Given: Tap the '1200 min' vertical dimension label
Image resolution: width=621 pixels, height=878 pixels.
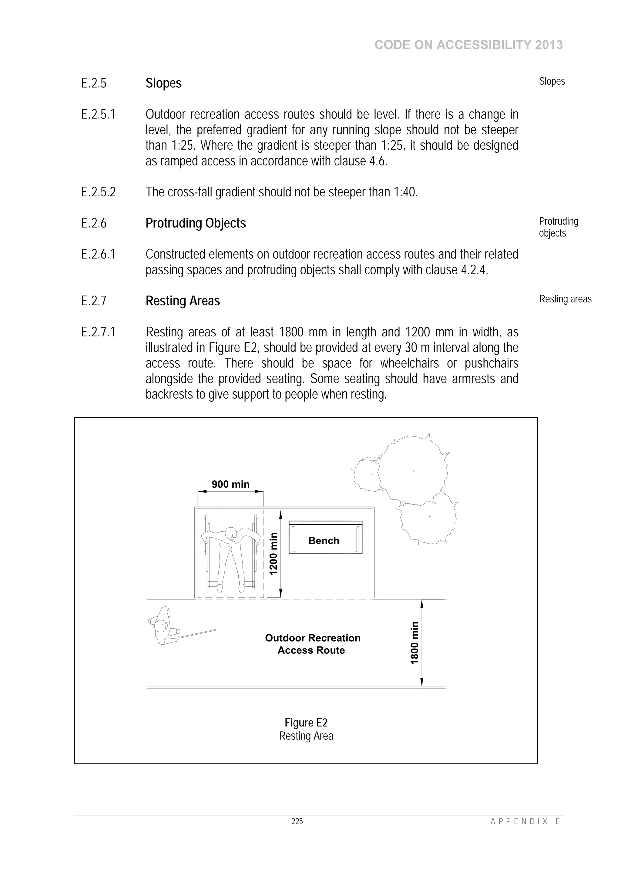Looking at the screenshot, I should point(273,554).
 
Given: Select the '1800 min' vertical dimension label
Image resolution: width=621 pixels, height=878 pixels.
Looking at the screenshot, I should point(415,643).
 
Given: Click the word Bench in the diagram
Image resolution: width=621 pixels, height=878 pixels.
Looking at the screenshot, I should point(324,541).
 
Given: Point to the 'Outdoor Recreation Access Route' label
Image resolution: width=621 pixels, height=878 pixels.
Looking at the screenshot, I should point(313,644).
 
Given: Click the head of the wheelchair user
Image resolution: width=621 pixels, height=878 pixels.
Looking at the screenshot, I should point(231,533).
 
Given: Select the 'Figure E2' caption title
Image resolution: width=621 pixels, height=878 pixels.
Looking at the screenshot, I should point(306,723).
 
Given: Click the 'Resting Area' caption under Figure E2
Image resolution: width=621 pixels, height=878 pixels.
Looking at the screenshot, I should point(306,736).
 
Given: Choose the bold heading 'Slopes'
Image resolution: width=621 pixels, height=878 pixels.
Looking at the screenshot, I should point(163,83).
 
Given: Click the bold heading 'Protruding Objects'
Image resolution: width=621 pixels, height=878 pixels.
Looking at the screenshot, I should point(196,223).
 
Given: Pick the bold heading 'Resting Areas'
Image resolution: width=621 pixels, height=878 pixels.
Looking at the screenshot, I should point(183,301).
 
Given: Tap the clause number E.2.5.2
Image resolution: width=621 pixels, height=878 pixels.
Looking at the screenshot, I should point(98,192).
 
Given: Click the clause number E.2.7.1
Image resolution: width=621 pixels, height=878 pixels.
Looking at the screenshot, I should point(98,332).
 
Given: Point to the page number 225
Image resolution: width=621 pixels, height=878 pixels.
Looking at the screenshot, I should point(297,821).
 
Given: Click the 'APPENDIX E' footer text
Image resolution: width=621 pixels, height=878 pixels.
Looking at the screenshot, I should point(525,821).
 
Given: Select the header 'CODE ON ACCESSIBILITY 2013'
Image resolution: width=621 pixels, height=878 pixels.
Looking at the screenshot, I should point(468,45).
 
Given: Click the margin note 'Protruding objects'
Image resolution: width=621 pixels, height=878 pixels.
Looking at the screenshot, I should point(558,227).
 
